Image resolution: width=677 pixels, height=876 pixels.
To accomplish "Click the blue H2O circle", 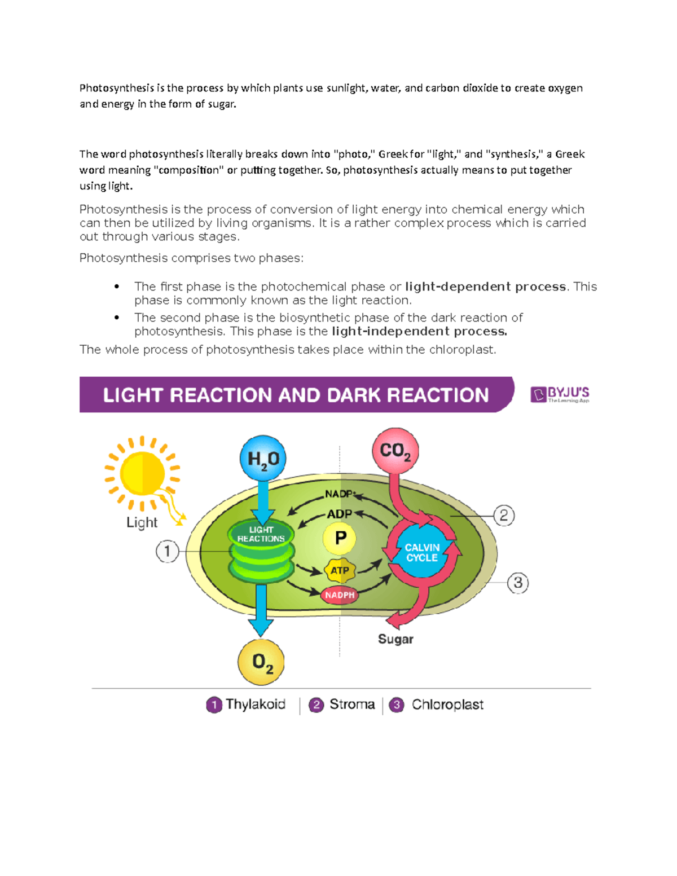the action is (263, 458).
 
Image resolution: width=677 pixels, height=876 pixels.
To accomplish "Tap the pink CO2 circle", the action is (395, 450).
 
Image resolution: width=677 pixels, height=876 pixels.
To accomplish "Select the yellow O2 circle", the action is (261, 662).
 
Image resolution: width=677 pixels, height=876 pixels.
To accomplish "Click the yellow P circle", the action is (340, 538).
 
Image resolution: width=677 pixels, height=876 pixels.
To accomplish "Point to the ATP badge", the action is (340, 570).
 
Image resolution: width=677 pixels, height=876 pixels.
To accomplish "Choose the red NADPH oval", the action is (340, 595).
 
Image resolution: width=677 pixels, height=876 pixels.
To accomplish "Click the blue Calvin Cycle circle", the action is (422, 553).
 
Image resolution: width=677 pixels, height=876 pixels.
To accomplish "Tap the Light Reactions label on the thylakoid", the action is (261, 534).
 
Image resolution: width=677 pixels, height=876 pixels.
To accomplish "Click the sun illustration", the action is (142, 473).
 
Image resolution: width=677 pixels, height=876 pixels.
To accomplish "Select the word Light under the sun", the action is (142, 522).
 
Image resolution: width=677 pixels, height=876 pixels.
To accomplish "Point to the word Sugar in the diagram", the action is (395, 639).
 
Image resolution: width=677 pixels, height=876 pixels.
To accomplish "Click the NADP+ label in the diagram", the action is (339, 494).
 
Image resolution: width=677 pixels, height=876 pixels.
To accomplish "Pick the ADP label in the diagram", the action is (339, 514).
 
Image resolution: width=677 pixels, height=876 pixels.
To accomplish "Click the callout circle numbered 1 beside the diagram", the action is (167, 551).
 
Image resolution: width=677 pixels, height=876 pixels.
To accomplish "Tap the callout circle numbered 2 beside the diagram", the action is (504, 516).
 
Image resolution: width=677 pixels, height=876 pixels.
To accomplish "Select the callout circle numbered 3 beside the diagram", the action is (518, 582).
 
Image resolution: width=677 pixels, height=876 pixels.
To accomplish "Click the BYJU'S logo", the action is (560, 394).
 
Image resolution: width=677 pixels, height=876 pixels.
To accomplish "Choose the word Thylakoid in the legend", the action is (256, 705).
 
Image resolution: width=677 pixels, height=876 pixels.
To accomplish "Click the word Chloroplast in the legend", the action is (447, 705).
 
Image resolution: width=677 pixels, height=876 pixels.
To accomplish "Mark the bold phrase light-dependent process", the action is (486, 287).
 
